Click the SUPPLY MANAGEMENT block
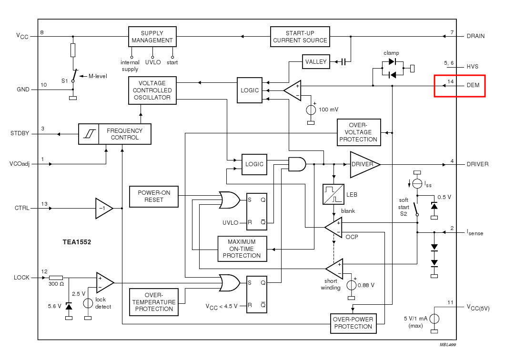152,37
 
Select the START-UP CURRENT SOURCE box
300,37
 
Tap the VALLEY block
316,61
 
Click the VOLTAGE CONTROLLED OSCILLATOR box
152,90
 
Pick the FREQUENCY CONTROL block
115,134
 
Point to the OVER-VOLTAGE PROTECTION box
358,132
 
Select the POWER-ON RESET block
153,196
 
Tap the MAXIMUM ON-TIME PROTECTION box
242,249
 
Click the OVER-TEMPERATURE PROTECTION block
153,302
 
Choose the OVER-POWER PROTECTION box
353,323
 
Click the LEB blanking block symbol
333,194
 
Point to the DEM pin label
473,85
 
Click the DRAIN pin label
475,36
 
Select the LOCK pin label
21,278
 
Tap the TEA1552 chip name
77,242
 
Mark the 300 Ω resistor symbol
56,278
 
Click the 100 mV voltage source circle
311,110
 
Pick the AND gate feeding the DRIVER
297,164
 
